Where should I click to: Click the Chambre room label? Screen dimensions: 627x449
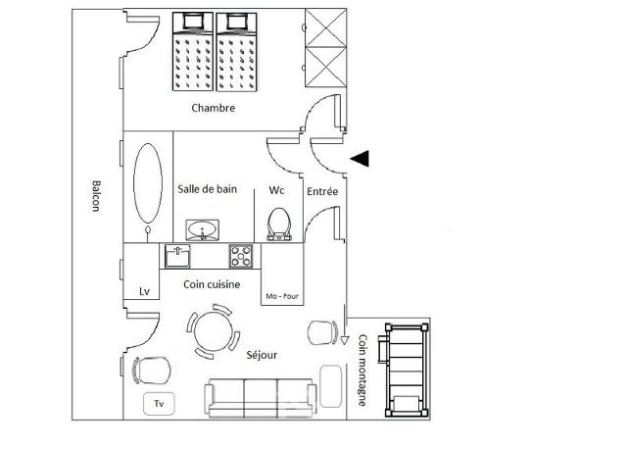[x=213, y=108]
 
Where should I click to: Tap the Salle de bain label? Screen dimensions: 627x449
[x=207, y=189]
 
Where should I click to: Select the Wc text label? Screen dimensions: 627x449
[x=276, y=190]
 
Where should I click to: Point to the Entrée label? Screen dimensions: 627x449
[x=322, y=191]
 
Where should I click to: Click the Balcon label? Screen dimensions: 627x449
[x=96, y=196]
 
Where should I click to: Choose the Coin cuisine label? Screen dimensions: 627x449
[x=212, y=284]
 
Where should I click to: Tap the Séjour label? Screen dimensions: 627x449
[x=262, y=355]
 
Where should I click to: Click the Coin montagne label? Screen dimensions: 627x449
[x=362, y=371]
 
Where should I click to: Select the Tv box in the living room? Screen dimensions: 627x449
[x=159, y=403]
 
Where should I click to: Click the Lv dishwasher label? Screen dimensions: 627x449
[x=144, y=291]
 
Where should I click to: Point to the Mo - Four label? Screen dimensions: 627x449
[x=282, y=296]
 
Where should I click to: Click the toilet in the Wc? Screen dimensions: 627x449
[x=279, y=224]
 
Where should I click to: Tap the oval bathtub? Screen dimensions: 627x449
[x=148, y=183]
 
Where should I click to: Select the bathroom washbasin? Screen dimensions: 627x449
[x=203, y=230]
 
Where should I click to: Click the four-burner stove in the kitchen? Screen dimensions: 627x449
[x=241, y=256]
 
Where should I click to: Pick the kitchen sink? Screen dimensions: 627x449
[x=177, y=256]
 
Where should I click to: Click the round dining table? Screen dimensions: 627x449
[x=213, y=331]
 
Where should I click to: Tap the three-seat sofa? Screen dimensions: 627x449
[x=261, y=398]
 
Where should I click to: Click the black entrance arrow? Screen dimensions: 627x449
[x=360, y=159]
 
